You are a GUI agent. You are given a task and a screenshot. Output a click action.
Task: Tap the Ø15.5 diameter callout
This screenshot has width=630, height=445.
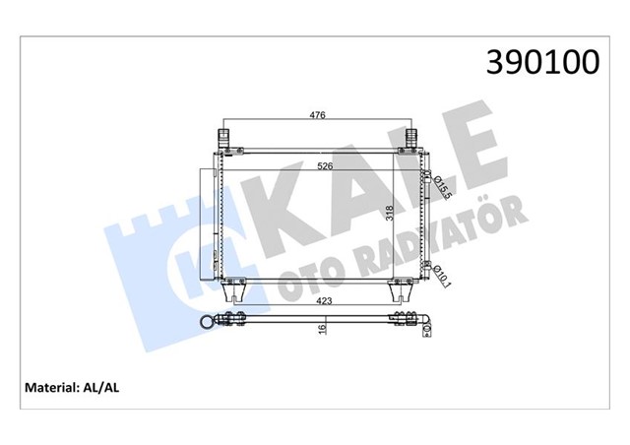click(442, 183)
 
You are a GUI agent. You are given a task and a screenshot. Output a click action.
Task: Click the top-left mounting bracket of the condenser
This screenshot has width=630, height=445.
click(223, 138)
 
